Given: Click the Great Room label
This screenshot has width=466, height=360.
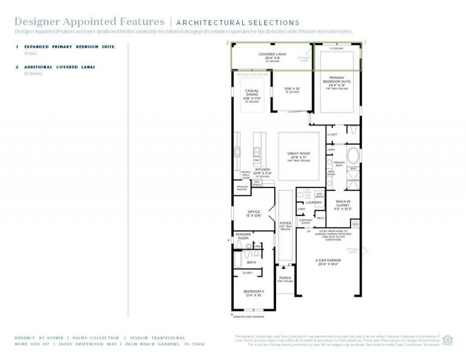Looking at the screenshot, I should pos(299,154).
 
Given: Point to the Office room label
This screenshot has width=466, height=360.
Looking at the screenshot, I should pos(253,212).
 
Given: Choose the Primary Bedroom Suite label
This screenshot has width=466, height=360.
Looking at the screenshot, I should pos(337,81).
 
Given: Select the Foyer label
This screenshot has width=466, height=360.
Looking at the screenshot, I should pos(285,223).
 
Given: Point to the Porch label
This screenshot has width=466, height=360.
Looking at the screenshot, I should pos(285,278).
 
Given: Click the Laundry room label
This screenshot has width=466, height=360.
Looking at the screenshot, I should pos(314,203).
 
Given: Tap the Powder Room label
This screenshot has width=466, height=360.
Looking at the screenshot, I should pos(243,236).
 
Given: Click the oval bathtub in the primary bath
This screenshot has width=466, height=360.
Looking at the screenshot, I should pos(353,155).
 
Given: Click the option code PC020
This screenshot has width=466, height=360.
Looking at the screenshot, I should pos(30,53).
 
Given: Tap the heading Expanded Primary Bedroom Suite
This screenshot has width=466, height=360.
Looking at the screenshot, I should pos(69,46).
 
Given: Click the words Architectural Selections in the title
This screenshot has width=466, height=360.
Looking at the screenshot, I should pos(238,23).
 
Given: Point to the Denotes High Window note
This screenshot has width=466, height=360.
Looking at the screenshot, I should pos(248,317).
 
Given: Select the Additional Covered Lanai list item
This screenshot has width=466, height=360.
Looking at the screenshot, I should pos(59,67).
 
